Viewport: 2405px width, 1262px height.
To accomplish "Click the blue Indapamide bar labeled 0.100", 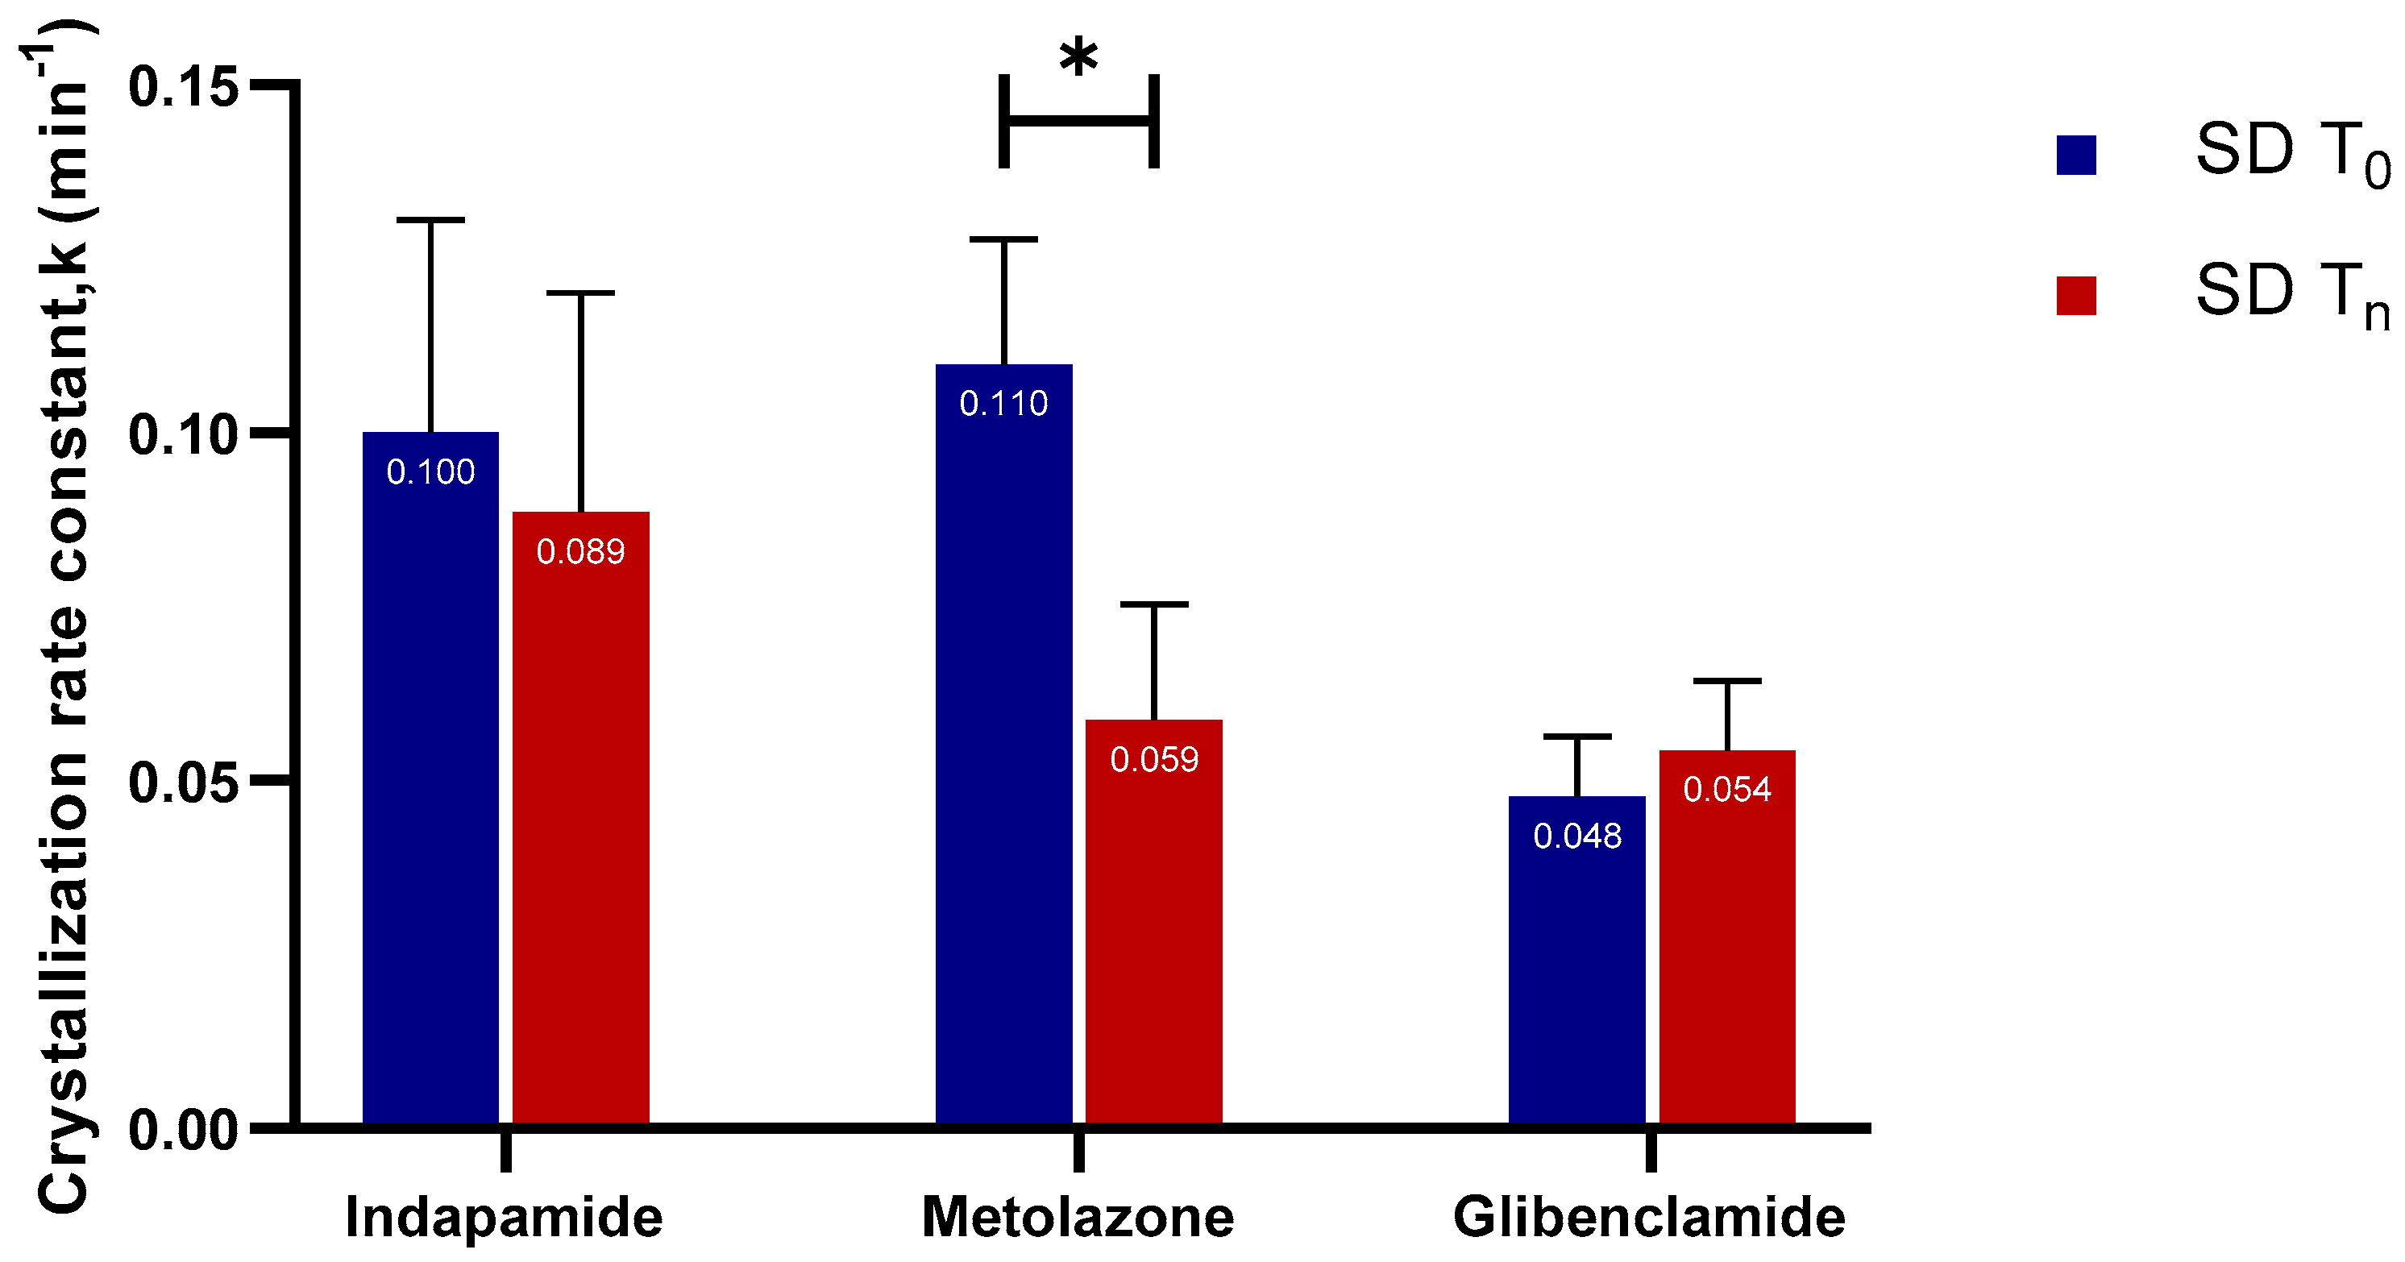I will [430, 794].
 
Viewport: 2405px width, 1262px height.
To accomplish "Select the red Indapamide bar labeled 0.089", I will [581, 840].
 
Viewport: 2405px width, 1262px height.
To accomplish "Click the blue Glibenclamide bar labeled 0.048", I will [1577, 980].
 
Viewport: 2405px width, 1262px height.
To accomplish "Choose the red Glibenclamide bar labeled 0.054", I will [1727, 952].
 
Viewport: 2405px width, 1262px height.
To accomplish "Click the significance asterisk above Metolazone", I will [1078, 59].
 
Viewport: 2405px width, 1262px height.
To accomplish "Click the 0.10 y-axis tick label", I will [183, 434].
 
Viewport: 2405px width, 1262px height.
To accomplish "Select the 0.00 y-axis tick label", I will [183, 1130].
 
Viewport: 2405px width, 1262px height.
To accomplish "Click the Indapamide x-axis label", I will [505, 1217].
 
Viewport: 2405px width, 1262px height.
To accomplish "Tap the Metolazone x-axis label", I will [1078, 1217].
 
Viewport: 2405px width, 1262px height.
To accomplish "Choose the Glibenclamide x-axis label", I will [1650, 1217].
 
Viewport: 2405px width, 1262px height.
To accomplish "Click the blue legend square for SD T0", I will [2076, 155].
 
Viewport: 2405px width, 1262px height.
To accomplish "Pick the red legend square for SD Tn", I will [2076, 295].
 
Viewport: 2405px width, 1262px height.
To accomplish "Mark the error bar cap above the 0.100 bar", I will [430, 220].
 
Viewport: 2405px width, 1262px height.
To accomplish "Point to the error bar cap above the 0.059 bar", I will [1154, 605].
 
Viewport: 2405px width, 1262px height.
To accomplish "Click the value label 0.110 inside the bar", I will [1003, 403].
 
